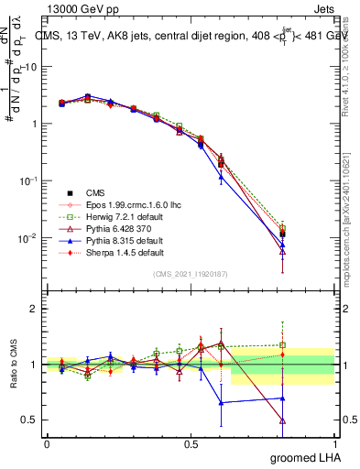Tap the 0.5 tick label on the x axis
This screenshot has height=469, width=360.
[191, 443]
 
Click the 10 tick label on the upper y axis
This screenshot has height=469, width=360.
[30, 67]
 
